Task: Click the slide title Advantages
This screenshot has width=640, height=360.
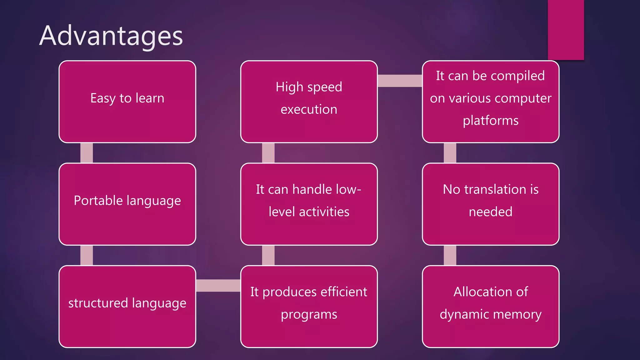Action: click(111, 36)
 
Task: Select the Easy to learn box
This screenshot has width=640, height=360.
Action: click(127, 102)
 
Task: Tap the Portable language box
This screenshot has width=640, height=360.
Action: click(127, 204)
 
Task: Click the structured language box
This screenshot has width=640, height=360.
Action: click(127, 306)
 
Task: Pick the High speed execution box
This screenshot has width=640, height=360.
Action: click(309, 102)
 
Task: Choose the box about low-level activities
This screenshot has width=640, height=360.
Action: click(309, 204)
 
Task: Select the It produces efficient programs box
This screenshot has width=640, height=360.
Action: click(309, 306)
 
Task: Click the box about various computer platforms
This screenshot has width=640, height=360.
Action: click(490, 102)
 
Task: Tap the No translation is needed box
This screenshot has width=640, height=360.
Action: click(490, 204)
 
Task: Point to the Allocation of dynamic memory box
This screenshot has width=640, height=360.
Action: click(490, 306)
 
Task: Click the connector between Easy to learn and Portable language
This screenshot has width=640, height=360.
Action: click(87, 153)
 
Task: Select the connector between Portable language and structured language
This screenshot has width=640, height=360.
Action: click(87, 255)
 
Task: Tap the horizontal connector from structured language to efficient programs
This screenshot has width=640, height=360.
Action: click(218, 285)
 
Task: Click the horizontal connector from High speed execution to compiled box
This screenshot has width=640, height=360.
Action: click(400, 81)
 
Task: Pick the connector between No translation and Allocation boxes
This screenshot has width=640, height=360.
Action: click(450, 255)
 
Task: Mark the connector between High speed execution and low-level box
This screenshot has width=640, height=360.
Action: click(268, 153)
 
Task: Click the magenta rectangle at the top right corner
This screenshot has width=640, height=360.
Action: click(566, 30)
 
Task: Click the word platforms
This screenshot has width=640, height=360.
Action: click(490, 121)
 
